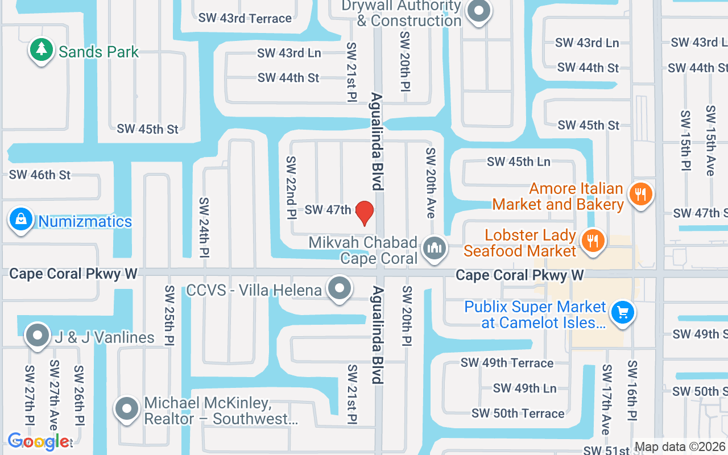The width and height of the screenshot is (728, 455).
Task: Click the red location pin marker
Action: [364, 213]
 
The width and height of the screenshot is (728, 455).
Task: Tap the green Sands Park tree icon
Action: [41, 50]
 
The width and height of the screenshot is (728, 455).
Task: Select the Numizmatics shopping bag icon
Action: [21, 220]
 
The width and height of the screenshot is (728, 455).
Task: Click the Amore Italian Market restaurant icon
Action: [641, 195]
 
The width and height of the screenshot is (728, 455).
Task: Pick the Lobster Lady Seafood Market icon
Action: [593, 241]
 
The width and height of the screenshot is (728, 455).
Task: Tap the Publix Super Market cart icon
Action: [623, 312]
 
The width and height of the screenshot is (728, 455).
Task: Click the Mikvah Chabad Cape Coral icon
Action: [435, 249]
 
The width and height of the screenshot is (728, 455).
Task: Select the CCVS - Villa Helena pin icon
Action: [340, 288]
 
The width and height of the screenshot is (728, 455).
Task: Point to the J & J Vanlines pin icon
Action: [38, 336]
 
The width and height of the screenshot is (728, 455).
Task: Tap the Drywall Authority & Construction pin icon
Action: [478, 11]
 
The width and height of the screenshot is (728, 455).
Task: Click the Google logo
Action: [39, 441]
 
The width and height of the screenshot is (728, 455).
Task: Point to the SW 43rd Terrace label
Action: [245, 18]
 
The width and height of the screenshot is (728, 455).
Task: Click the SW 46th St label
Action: [40, 175]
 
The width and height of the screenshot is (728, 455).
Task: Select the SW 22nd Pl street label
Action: [291, 188]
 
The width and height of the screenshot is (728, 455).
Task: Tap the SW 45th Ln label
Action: [518, 162]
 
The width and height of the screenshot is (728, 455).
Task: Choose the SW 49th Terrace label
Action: [507, 363]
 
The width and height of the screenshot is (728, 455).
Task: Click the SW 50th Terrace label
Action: [518, 413]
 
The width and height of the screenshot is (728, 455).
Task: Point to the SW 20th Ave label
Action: [431, 183]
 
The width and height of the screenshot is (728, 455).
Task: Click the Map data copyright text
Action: [680, 447]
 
